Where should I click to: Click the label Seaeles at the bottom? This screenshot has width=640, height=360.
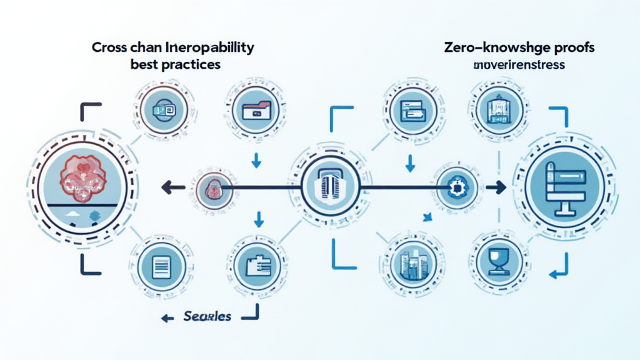pyautogui.click(x=207, y=316)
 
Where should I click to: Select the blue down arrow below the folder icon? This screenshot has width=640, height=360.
pyautogui.click(x=256, y=161)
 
